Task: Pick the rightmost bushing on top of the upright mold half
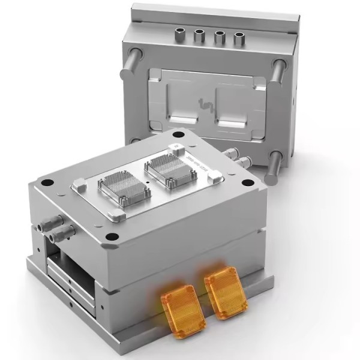tap(239, 38)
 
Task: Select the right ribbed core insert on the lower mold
tap(166, 166)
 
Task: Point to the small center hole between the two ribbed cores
tap(145, 179)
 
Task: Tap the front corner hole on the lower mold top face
tap(111, 236)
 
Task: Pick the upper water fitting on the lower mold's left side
tap(49, 222)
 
